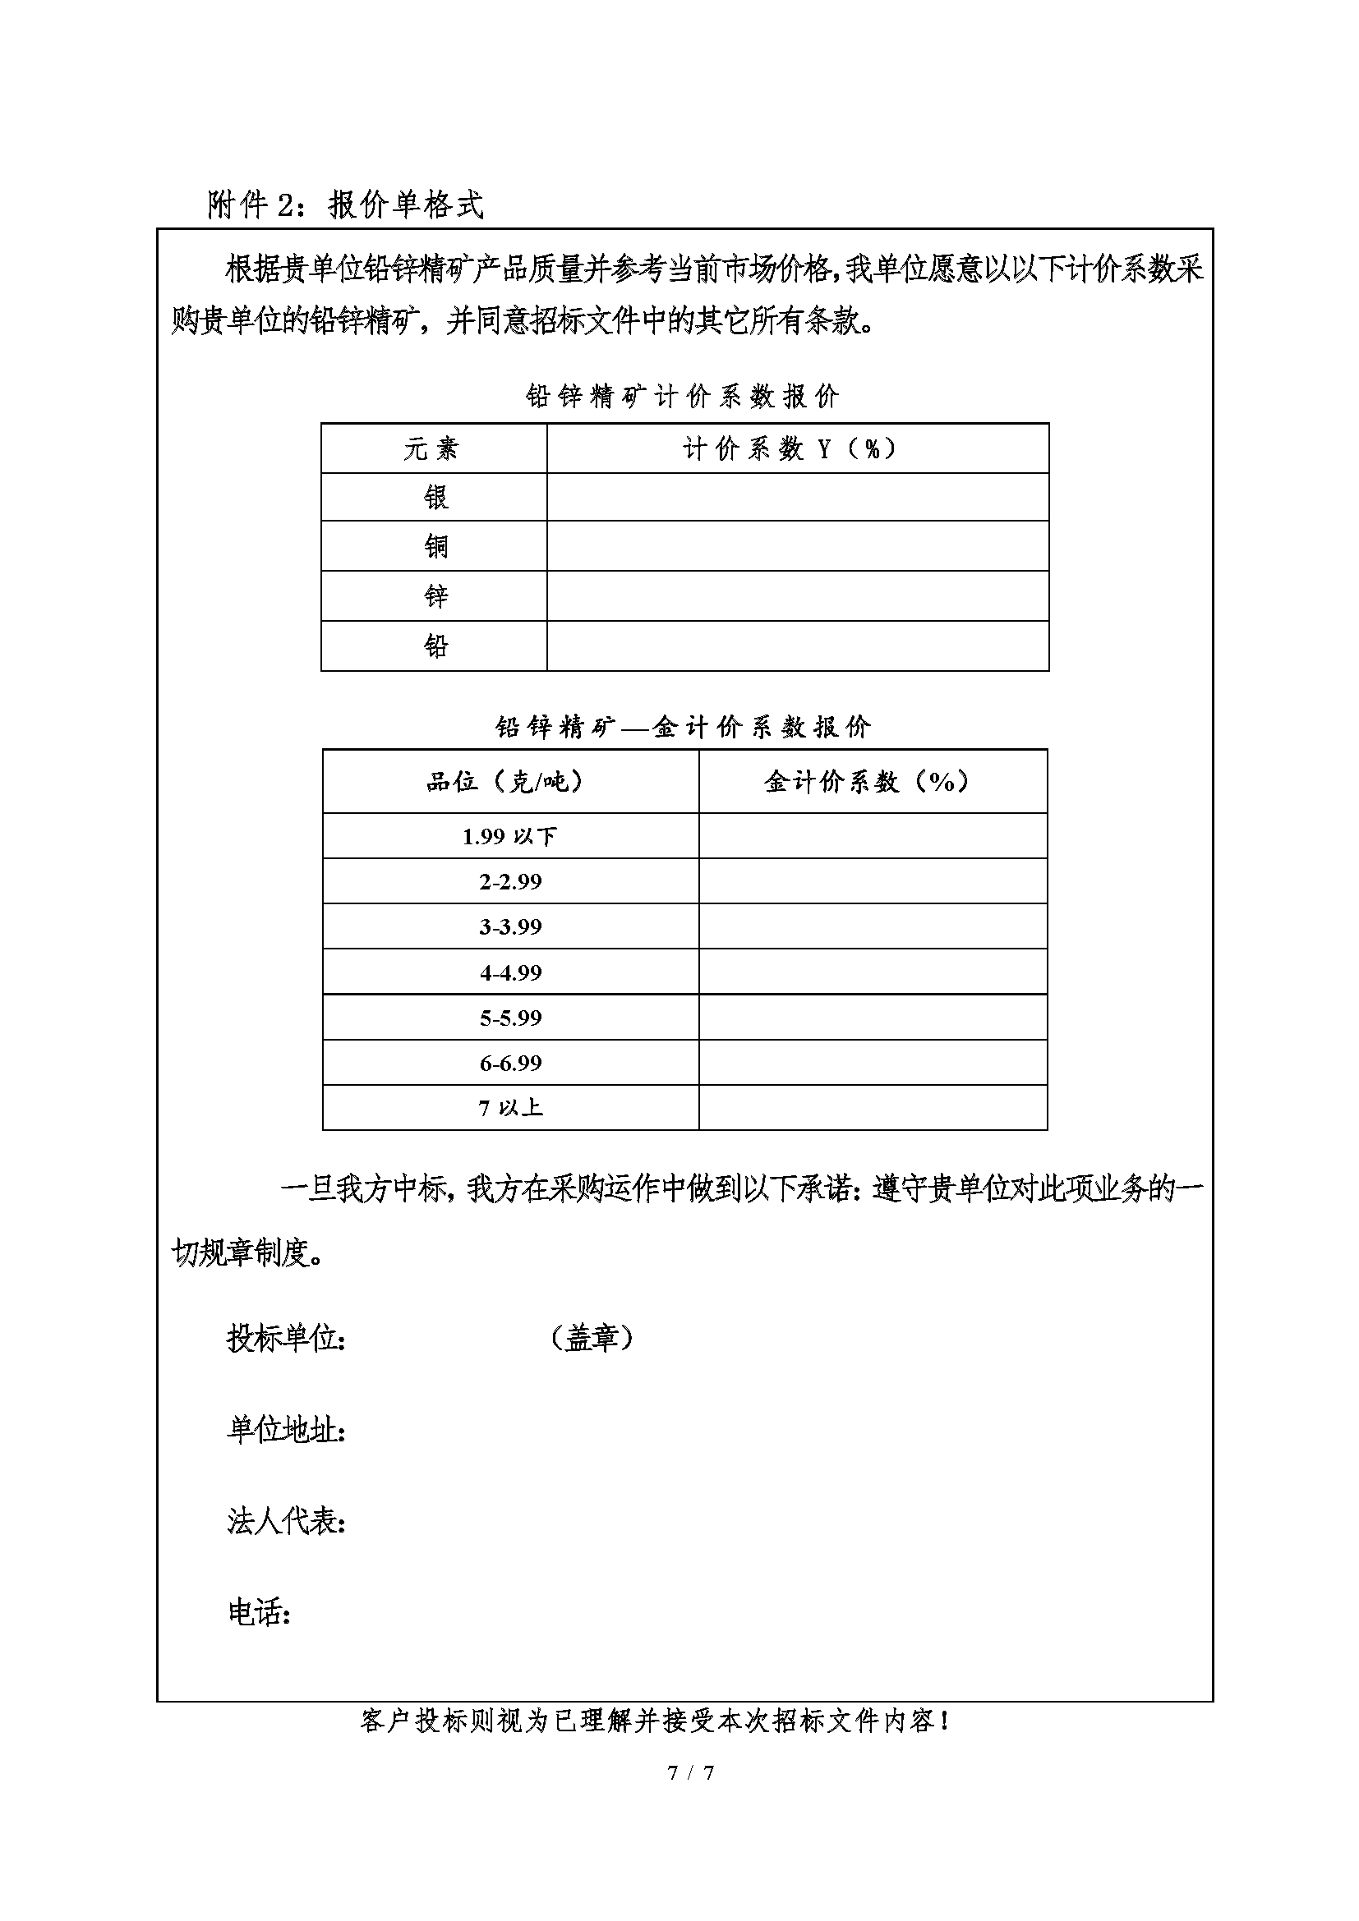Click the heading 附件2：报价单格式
click(x=345, y=205)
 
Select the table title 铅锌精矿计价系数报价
click(x=682, y=396)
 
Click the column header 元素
click(x=432, y=449)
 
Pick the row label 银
click(x=435, y=498)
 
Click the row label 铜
click(x=435, y=546)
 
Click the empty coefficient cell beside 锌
click(x=798, y=595)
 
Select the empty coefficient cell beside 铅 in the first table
click(x=798, y=645)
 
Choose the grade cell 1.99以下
click(x=509, y=836)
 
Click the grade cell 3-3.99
click(x=509, y=926)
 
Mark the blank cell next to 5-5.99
click(x=873, y=1018)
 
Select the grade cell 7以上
click(x=509, y=1108)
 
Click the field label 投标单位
click(x=285, y=1339)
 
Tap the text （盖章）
click(x=592, y=1338)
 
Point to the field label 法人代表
click(x=285, y=1521)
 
